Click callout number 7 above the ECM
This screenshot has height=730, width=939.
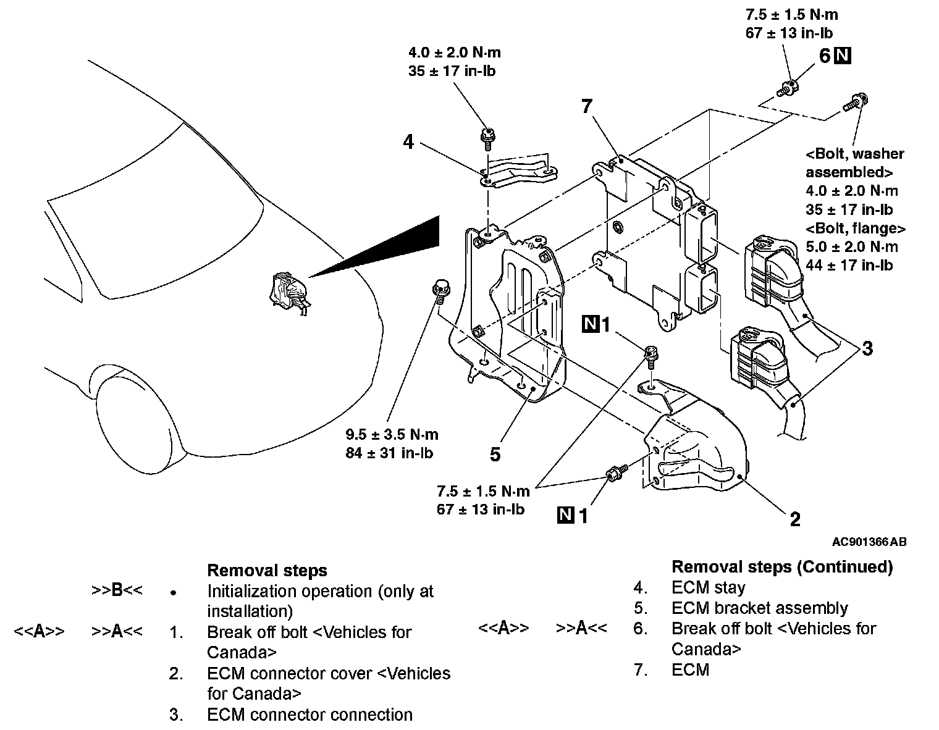(x=586, y=106)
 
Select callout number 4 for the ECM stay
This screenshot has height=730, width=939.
(x=408, y=142)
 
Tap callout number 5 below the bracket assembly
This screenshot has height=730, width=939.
(x=495, y=455)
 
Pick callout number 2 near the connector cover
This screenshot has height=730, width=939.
(x=795, y=519)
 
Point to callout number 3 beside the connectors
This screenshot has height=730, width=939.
(x=867, y=348)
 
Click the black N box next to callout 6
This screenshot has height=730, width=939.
(x=843, y=56)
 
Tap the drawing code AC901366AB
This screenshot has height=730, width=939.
(x=869, y=542)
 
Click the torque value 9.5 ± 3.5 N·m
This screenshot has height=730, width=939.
(x=392, y=434)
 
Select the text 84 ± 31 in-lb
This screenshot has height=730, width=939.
(x=389, y=453)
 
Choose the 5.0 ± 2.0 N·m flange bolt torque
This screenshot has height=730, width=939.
(x=852, y=247)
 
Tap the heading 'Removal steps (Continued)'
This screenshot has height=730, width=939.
(x=781, y=566)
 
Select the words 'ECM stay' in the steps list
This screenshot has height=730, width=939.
(x=708, y=587)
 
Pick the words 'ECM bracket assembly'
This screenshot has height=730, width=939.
(x=759, y=608)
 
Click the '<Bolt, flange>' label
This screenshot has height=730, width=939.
(x=856, y=229)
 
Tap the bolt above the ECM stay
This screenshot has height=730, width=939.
(x=486, y=136)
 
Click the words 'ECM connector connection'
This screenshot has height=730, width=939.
(x=309, y=715)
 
